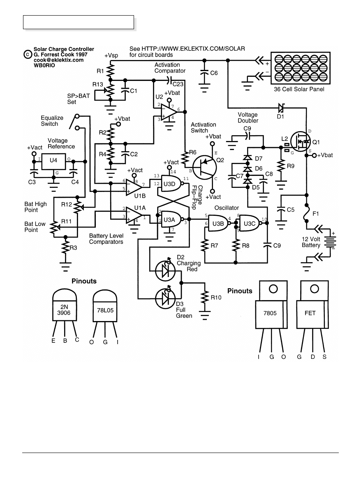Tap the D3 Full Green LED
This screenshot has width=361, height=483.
(x=165, y=297)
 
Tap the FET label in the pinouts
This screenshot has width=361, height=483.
(x=310, y=313)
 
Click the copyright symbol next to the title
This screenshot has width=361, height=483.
(x=27, y=54)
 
